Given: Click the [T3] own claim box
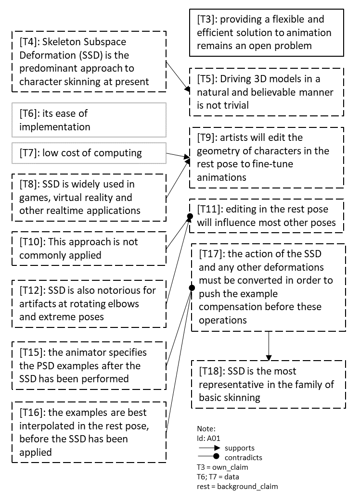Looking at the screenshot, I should pos(266,33).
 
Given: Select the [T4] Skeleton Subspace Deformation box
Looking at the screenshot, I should pos(89,62).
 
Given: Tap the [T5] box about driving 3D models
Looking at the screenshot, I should pos(267,92).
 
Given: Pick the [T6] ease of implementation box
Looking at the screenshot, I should pos(89,120).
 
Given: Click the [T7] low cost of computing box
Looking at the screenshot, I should pos(89,153).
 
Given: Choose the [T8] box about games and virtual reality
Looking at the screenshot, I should pos(89,197).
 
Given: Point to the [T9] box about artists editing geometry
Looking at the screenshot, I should pos(267,157).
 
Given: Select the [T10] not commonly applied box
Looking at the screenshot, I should pos(89,248).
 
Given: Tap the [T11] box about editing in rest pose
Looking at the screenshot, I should pos(267,216).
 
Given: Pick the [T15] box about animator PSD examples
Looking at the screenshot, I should pos(89,365).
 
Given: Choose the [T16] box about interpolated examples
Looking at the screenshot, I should pos(89,432).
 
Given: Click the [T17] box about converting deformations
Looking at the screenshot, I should pos(269,287).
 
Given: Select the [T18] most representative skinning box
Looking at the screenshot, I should pos(269,384).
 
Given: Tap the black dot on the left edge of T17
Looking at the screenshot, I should pos(191,288).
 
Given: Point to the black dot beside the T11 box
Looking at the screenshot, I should pos(189,217).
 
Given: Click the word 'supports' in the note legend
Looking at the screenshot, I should pos(240,448).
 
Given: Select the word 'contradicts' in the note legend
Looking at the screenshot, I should pos(244,457).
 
